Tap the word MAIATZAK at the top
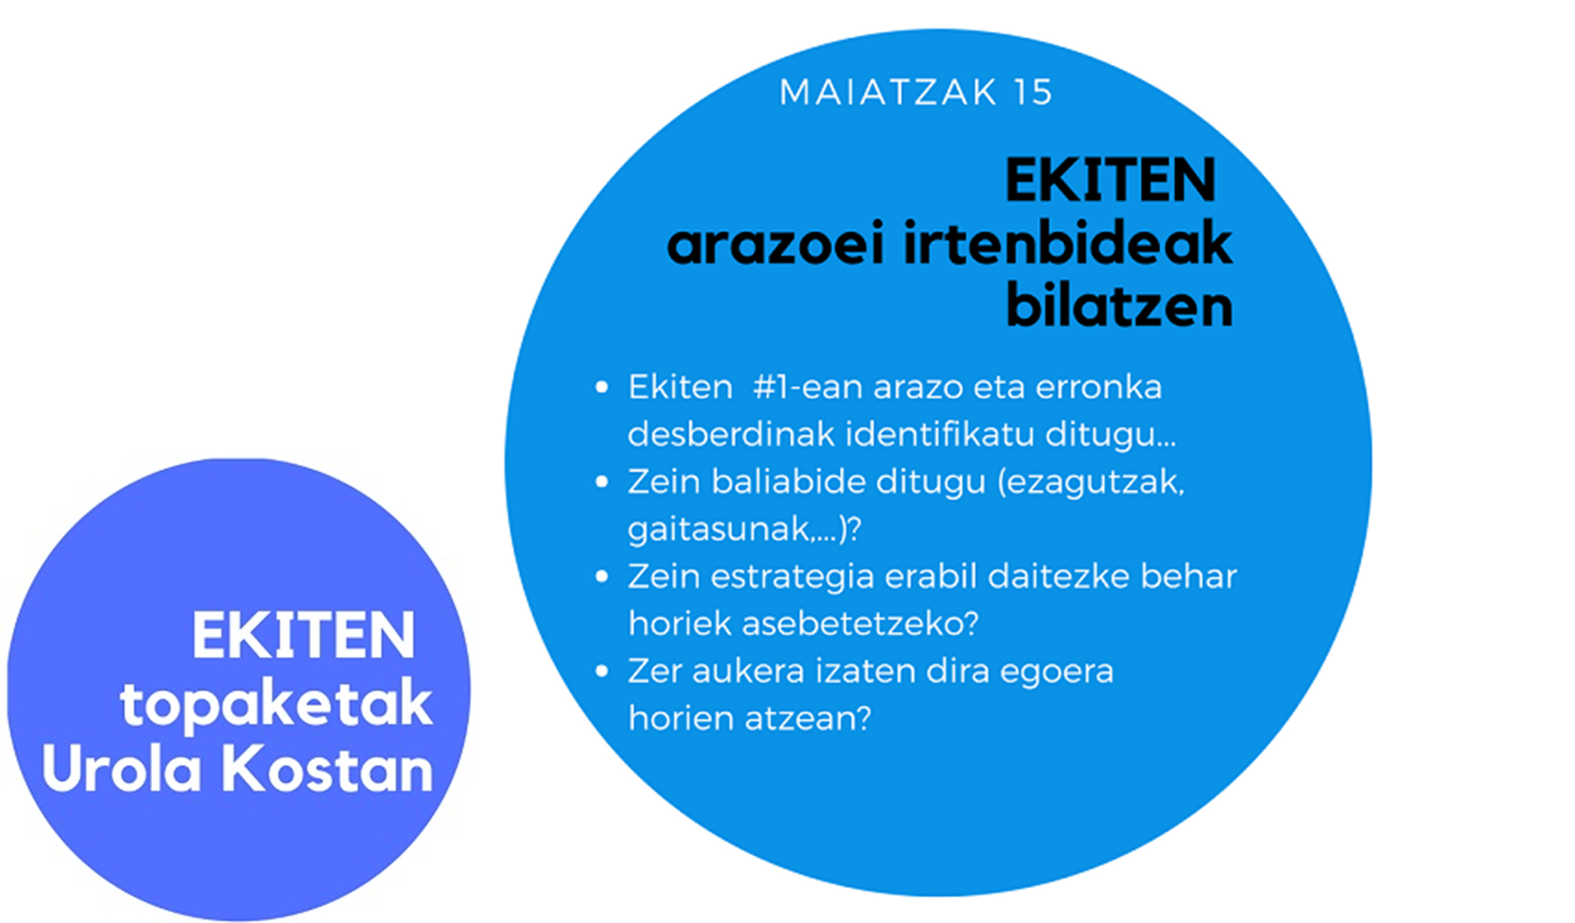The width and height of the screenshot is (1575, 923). [889, 93]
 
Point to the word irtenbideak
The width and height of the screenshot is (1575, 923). [1068, 243]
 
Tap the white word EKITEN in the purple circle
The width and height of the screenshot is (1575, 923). [303, 636]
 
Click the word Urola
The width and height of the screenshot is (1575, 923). [122, 770]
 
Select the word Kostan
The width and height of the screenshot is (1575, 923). [327, 770]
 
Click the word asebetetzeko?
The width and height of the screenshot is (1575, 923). [859, 623]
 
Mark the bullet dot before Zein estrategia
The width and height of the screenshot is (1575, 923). [602, 577]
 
